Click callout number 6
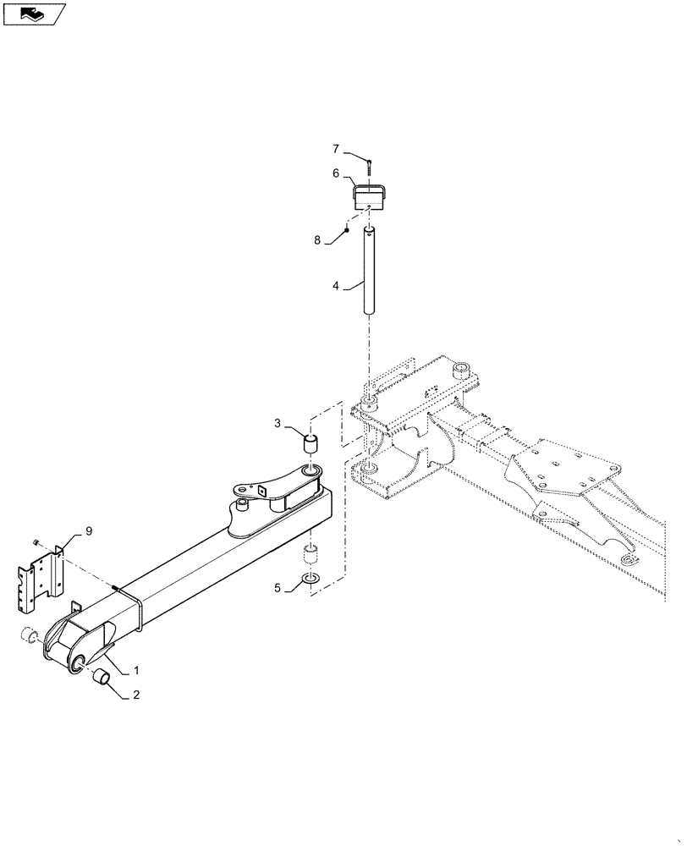[336, 173]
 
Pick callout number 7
[336, 149]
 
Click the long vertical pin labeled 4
[369, 271]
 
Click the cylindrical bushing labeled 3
[311, 443]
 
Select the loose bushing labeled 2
[102, 677]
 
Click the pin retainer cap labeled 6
[370, 198]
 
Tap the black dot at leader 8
[347, 230]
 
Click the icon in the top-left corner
[33, 14]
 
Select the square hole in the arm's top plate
[263, 489]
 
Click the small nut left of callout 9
[35, 541]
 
